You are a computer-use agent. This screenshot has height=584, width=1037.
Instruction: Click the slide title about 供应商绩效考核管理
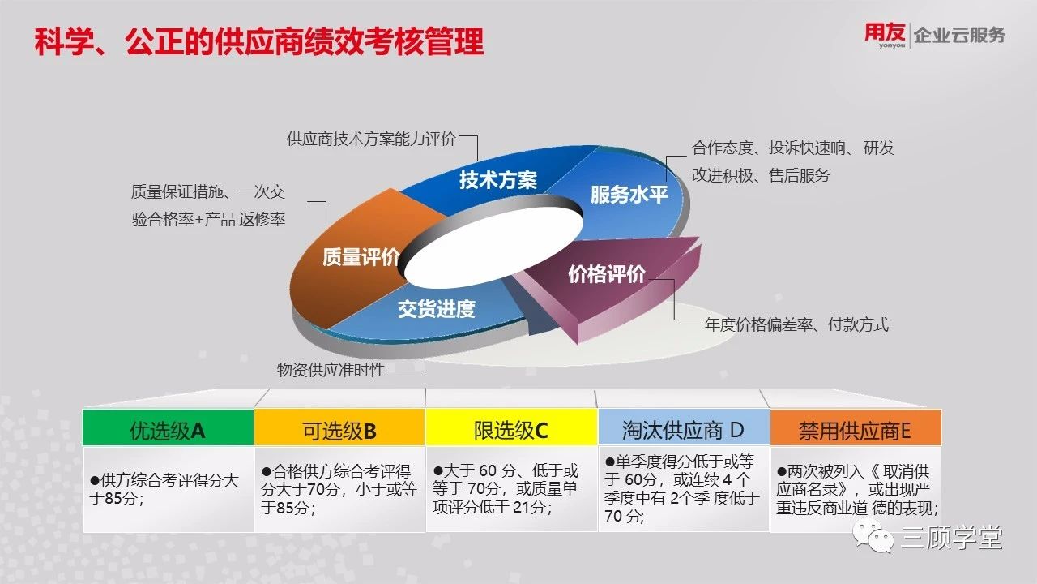click(259, 41)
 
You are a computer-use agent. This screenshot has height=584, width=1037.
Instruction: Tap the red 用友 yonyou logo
click(885, 35)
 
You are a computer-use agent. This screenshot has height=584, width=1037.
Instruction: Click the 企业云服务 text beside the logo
click(958, 35)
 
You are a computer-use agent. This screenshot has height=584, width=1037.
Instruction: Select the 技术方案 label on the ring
click(498, 180)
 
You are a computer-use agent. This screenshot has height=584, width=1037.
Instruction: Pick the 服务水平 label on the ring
click(629, 195)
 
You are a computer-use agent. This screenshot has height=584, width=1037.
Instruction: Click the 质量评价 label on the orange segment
click(361, 257)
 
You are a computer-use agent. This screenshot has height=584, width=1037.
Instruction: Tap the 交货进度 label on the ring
click(437, 309)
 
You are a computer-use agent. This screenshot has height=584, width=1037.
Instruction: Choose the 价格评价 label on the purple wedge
click(607, 274)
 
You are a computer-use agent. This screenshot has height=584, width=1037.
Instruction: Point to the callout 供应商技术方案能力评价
click(371, 139)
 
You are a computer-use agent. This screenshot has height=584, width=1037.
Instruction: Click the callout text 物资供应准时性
click(331, 370)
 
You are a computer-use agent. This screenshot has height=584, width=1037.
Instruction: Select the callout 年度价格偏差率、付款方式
click(796, 324)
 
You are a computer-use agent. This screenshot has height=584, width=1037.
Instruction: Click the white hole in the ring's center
click(493, 246)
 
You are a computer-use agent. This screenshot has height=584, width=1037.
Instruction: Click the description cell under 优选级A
click(168, 489)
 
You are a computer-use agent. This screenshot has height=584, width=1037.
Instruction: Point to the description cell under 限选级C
click(511, 489)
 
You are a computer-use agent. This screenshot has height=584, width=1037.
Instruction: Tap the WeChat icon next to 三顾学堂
click(873, 537)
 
